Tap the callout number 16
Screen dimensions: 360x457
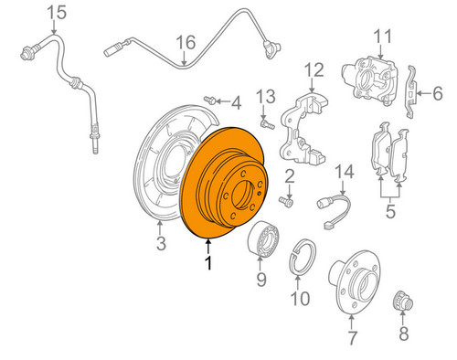(x=186, y=42)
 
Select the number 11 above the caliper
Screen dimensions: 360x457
(x=382, y=37)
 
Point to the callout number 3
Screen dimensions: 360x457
(x=160, y=243)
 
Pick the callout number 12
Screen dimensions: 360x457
(x=314, y=69)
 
